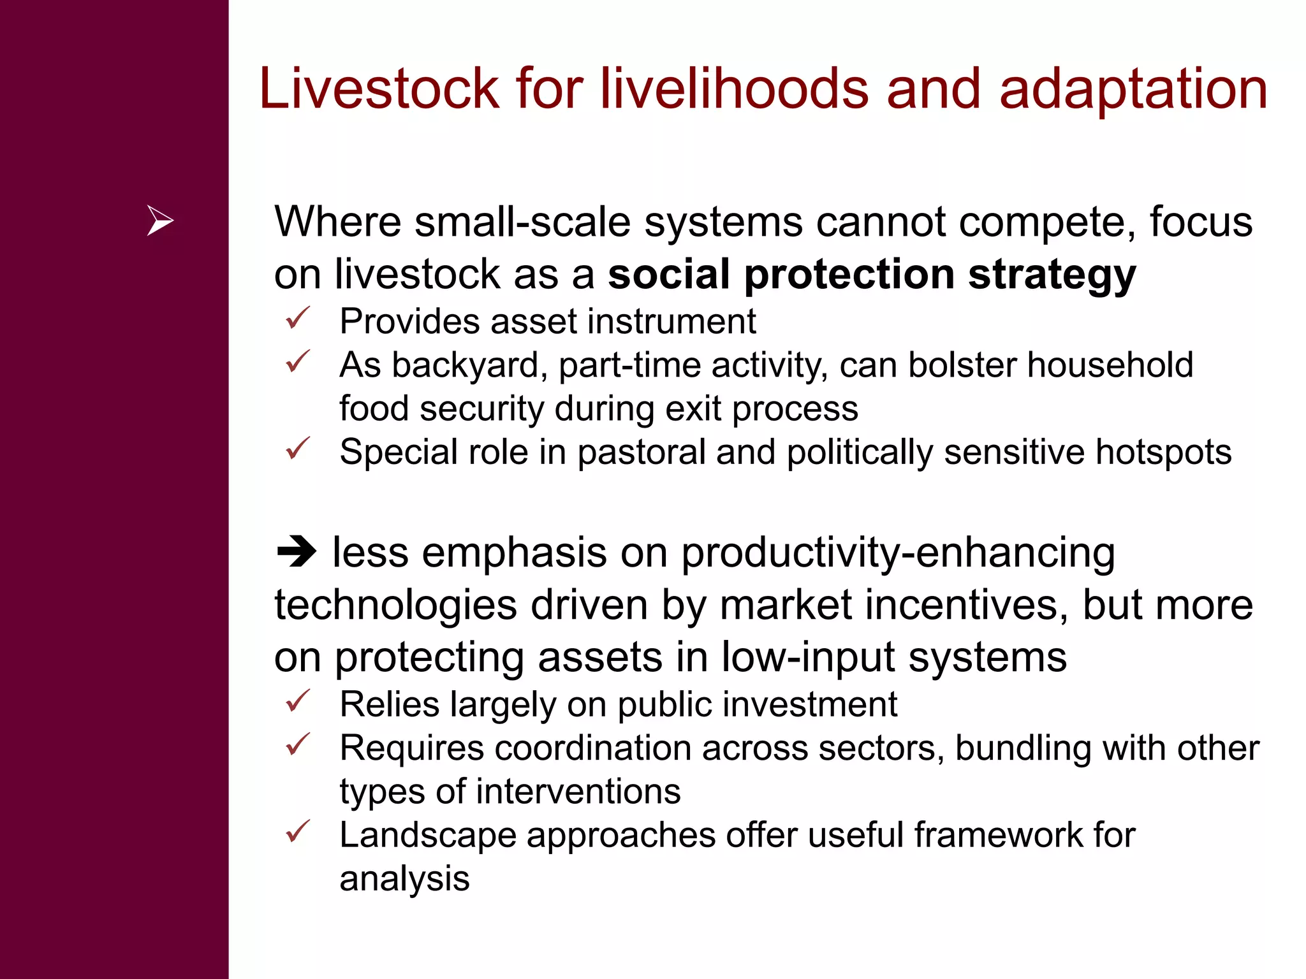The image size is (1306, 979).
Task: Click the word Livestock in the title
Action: pyautogui.click(x=379, y=89)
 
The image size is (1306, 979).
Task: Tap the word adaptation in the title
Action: pyautogui.click(x=1133, y=90)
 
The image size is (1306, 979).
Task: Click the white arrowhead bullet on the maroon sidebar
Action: pyautogui.click(x=159, y=221)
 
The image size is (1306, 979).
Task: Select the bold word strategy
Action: pyautogui.click(x=1052, y=275)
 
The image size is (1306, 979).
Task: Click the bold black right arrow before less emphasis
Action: pyautogui.click(x=297, y=552)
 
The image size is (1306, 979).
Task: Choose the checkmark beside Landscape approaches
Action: pyautogui.click(x=298, y=831)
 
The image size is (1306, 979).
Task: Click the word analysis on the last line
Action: pyautogui.click(x=404, y=879)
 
